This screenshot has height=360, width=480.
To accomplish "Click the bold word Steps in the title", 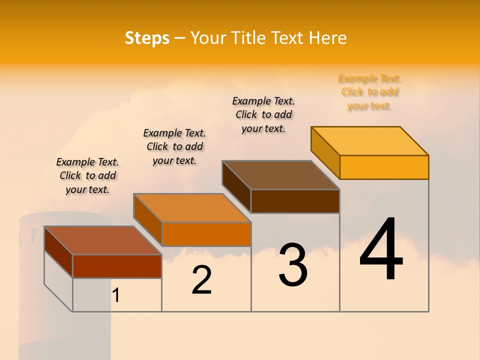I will coord(147,38).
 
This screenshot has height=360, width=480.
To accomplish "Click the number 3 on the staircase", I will coord(293,265).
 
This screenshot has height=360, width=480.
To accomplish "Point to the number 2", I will coord(201,280).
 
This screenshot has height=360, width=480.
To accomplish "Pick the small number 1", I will coord(116,295).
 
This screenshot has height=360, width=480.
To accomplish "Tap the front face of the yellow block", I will coord(384,167).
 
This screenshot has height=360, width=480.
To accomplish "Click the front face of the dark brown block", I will coord(295,201).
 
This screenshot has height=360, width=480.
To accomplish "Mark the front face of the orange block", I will coord(206,234).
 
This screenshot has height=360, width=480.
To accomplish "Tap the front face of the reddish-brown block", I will coord(117,266).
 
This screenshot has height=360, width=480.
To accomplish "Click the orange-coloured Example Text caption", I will coord(369,92).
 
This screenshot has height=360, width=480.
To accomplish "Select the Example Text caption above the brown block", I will coord(263,114).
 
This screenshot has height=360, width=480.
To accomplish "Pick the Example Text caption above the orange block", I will coord(174,146).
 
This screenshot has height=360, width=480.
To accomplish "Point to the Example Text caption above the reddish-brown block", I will coord(87,175).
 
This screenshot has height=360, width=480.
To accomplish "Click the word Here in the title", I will coord(328,38).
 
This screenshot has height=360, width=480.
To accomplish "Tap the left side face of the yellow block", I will coord(325,152).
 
